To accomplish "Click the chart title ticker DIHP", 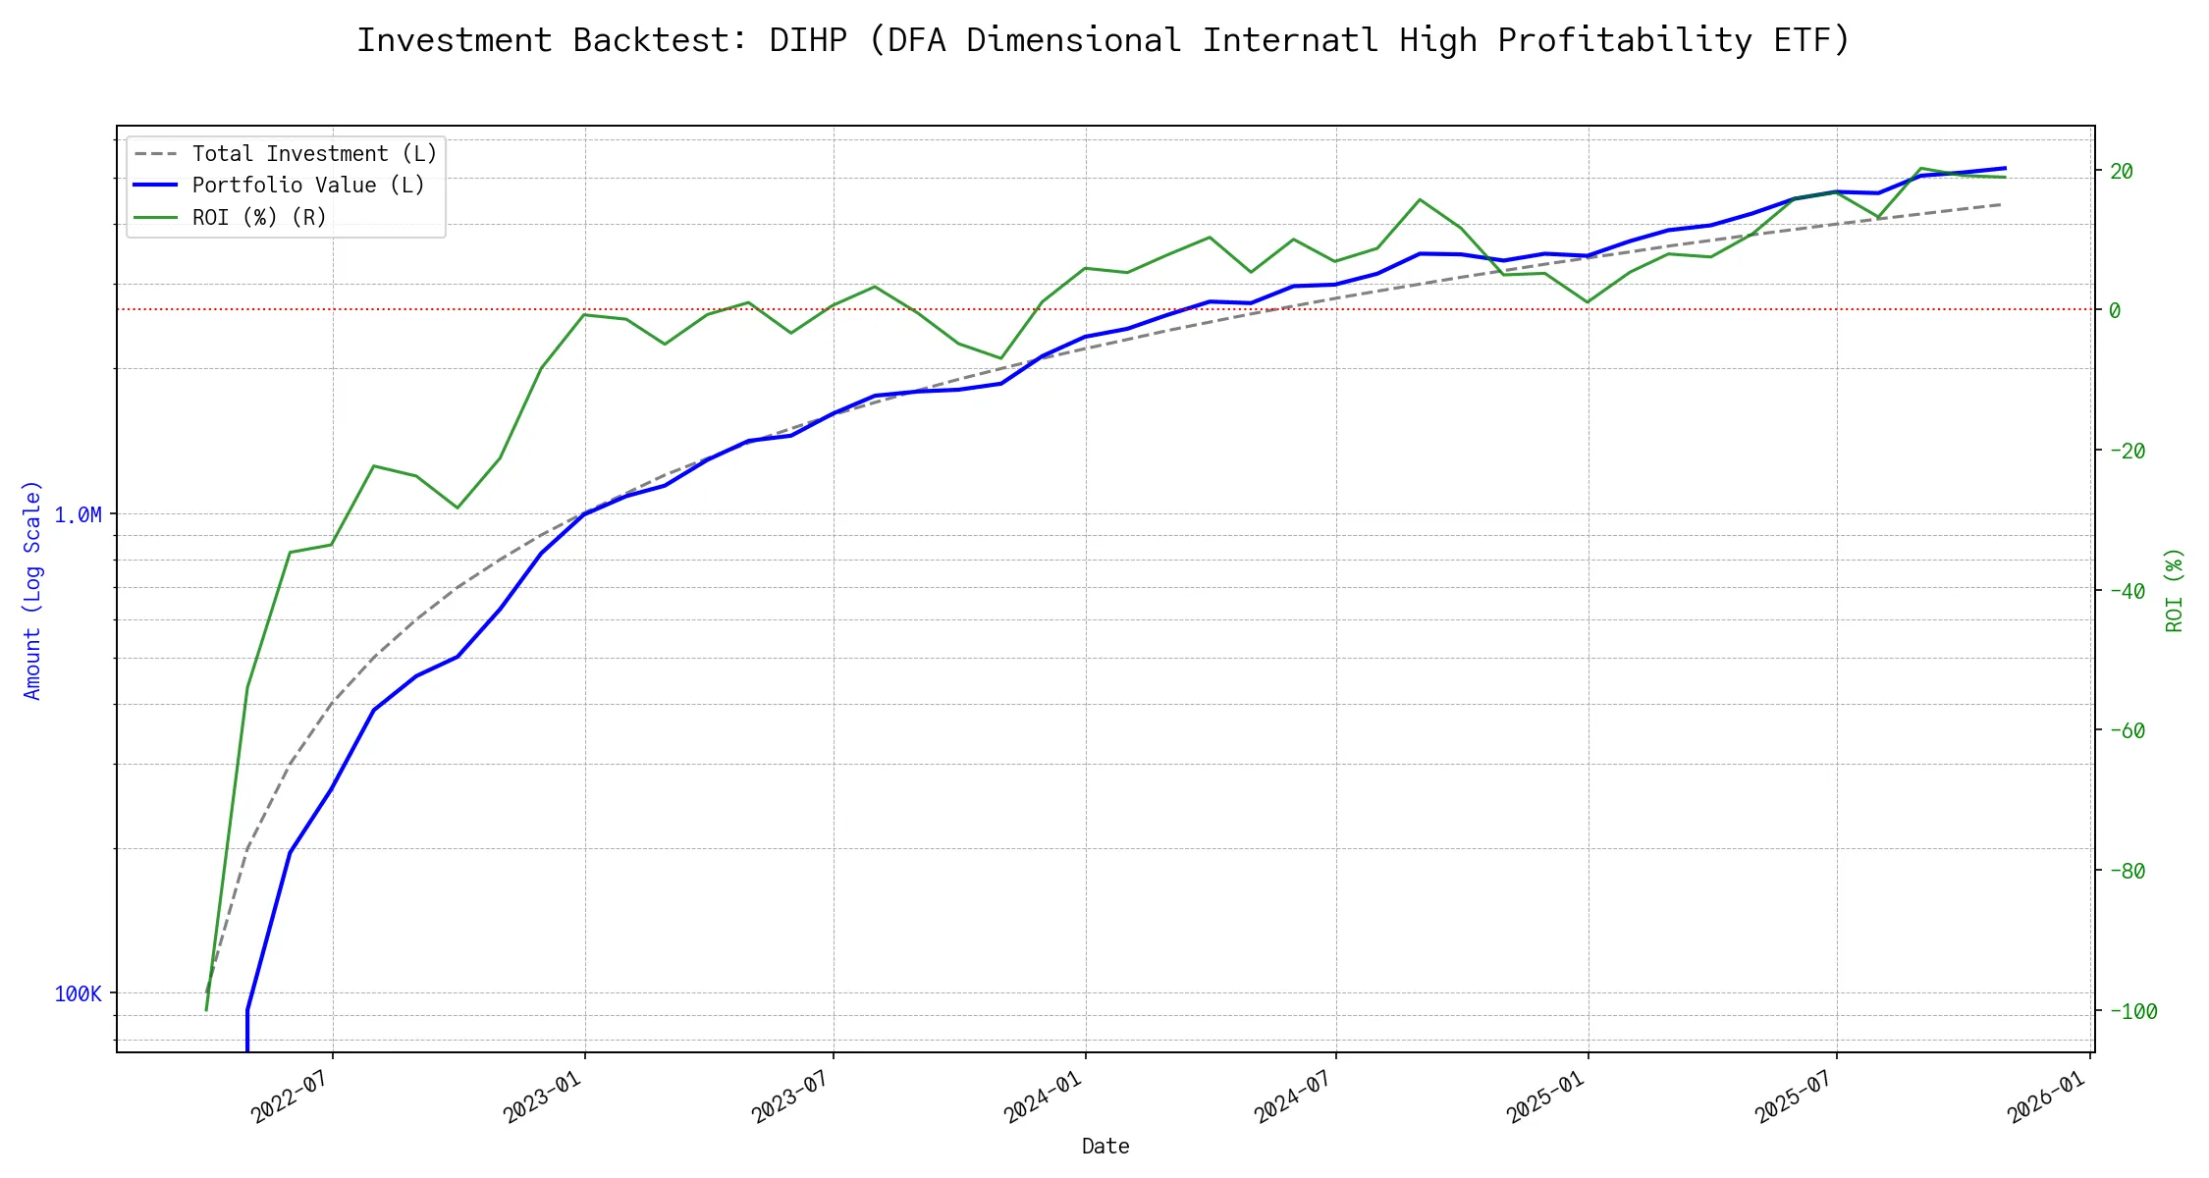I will pos(807,41).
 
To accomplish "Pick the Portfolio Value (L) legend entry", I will pos(307,186).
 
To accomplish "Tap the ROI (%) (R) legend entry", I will pos(258,217).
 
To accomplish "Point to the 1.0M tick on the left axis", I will pos(78,515).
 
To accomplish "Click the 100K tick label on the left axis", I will pos(78,994).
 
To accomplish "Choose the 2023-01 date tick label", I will pos(541,1097).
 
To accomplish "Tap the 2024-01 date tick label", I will pos(1042,1097).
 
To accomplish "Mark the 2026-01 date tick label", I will pos(2045,1097).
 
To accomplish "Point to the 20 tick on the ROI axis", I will pos(2122,172).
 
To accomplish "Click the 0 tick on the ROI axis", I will pos(2115,310).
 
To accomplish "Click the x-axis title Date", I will pos(1104,1147).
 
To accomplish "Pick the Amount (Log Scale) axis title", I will pos(32,589).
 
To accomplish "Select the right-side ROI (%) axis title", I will pos(2174,589).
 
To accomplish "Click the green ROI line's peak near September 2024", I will pos(1420,200).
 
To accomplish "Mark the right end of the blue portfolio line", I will pos(2005,168).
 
